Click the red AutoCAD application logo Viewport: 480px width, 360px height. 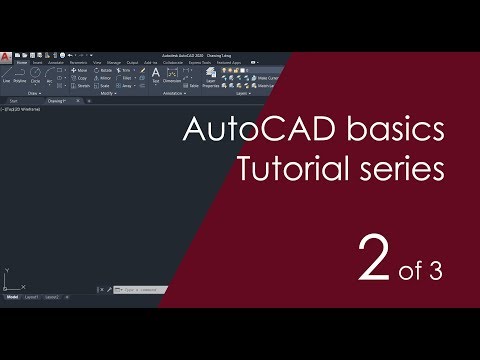(7, 55)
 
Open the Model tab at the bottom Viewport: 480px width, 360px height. (12, 298)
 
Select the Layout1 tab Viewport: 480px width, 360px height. (33, 298)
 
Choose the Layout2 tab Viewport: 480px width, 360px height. (52, 298)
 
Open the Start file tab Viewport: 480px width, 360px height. (13, 100)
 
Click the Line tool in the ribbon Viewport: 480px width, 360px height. (7, 79)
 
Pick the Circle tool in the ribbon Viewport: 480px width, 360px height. (37, 79)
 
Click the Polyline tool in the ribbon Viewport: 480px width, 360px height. (21, 79)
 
